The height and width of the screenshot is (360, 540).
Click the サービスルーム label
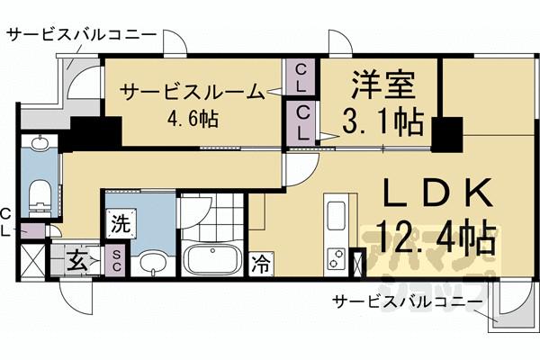point(192,91)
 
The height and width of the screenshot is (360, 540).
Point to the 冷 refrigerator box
point(261,264)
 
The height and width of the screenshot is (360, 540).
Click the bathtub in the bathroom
point(212,261)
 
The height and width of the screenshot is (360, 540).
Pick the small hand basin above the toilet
point(40,144)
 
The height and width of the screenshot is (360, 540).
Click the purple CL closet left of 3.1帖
point(302,120)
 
